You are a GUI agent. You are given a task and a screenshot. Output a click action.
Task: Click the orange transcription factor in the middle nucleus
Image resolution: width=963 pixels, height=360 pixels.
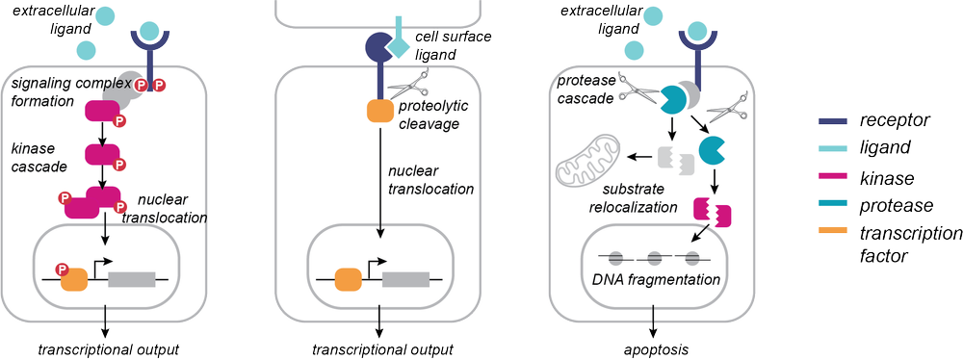[348, 280]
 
